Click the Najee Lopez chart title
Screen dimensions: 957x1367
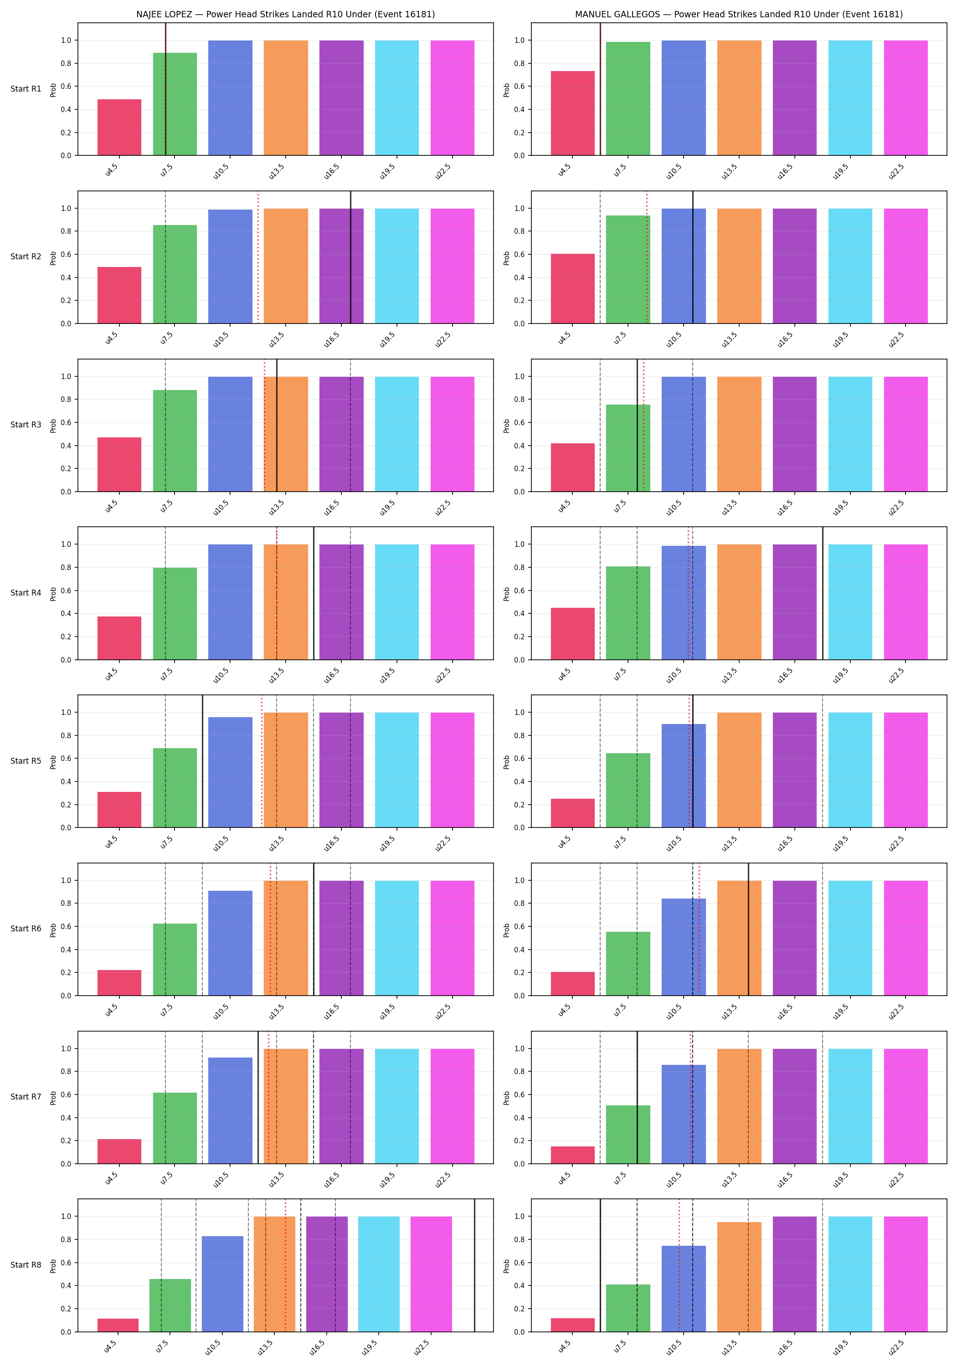tap(285, 14)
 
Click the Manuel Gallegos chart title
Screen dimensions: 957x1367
tap(738, 14)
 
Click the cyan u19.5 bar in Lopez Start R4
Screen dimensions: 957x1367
tap(396, 602)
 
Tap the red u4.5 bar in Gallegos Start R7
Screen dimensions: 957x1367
tap(572, 1155)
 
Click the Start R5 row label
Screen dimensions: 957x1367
tap(26, 761)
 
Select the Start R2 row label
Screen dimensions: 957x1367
tap(26, 257)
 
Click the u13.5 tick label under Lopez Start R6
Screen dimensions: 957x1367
tap(276, 1012)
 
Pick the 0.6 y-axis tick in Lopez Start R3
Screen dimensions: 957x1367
tap(66, 423)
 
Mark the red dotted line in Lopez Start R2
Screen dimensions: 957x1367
tap(258, 257)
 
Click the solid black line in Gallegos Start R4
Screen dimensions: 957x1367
tap(823, 593)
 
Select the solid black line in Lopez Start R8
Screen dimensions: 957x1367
tap(475, 1265)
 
